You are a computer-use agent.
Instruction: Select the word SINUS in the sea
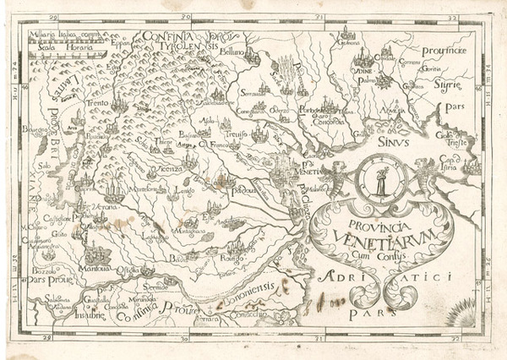click(395, 143)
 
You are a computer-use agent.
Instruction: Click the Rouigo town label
click(229, 259)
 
